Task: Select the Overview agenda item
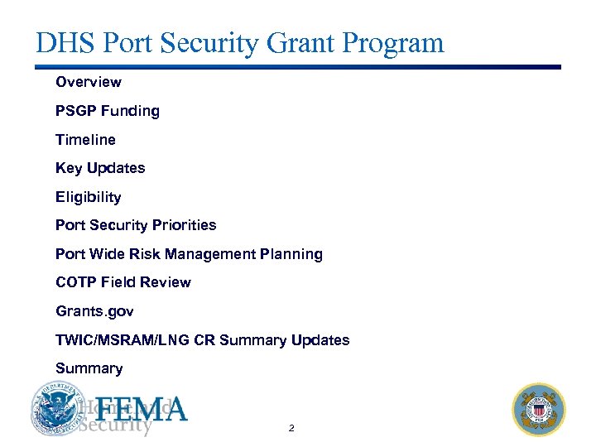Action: (x=88, y=82)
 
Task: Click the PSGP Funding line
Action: (x=107, y=111)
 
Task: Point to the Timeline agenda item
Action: (x=85, y=140)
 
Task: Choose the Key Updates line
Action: (x=99, y=168)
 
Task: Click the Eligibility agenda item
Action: (x=88, y=197)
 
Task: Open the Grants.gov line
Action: (x=94, y=311)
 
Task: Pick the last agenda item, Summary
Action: (x=89, y=368)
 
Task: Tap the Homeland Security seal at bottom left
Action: (x=58, y=409)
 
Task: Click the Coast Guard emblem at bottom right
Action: (x=539, y=410)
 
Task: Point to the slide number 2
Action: (x=291, y=429)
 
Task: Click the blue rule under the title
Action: (x=298, y=67)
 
